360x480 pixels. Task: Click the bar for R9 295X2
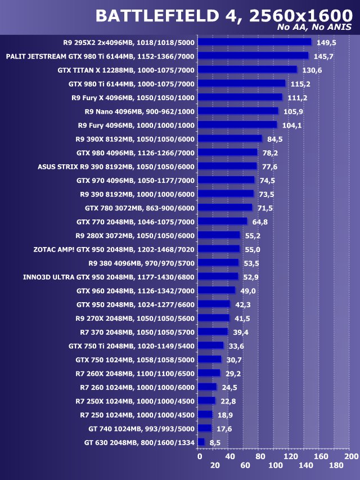point(255,42)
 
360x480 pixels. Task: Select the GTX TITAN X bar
point(247,70)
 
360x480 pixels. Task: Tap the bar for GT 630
point(201,442)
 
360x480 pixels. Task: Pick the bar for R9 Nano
point(238,111)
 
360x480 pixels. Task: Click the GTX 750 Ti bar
point(211,346)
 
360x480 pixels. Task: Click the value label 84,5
point(275,139)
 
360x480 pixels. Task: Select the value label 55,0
point(253,249)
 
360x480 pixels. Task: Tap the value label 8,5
point(214,443)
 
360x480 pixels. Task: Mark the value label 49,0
point(248,290)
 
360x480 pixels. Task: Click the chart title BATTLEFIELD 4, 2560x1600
point(224,16)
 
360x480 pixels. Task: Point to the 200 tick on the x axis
point(351,456)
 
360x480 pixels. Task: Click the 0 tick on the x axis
point(200,456)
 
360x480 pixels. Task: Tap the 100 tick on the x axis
point(276,466)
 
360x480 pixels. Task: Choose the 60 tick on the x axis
point(245,466)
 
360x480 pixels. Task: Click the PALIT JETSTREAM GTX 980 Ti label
point(100,56)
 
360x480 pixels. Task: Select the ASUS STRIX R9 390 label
point(116,167)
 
